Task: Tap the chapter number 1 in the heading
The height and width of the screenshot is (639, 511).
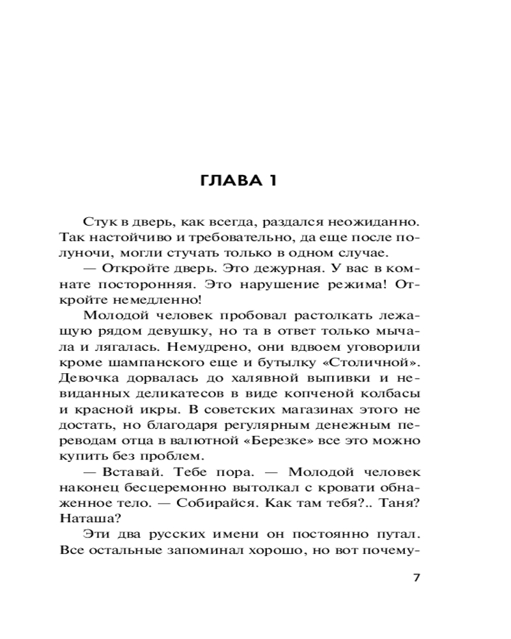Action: point(272,180)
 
